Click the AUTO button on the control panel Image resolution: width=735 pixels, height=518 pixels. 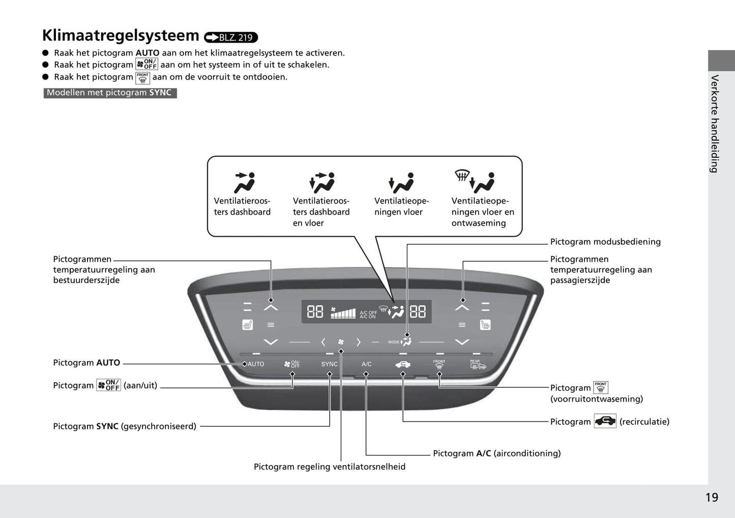pyautogui.click(x=255, y=364)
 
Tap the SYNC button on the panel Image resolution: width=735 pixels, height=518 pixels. pyautogui.click(x=329, y=364)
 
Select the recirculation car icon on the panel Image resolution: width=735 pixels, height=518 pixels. pyautogui.click(x=402, y=364)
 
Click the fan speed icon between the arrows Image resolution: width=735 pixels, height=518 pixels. pyautogui.click(x=341, y=342)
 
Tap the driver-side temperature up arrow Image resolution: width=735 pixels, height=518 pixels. pyautogui.click(x=271, y=307)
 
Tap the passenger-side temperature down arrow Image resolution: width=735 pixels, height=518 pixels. pyautogui.click(x=462, y=342)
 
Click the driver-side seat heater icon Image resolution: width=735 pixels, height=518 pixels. pyautogui.click(x=247, y=325)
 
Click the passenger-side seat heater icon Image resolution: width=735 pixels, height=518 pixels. pyautogui.click(x=485, y=325)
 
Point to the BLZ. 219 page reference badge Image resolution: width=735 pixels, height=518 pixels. pyautogui.click(x=231, y=37)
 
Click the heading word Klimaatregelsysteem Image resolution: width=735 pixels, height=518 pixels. pyautogui.click(x=121, y=36)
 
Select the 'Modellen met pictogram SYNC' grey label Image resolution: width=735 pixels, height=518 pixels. pyautogui.click(x=110, y=93)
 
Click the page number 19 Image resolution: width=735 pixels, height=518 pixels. pyautogui.click(x=712, y=497)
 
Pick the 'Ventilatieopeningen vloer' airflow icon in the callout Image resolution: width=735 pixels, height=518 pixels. pyautogui.click(x=401, y=183)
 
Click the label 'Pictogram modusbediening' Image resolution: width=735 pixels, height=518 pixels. pyautogui.click(x=605, y=242)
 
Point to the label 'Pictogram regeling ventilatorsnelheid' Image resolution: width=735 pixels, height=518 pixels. pyautogui.click(x=330, y=467)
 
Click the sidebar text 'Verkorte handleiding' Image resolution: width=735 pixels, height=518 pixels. pyautogui.click(x=715, y=124)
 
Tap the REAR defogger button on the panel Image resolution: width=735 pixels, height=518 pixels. pyautogui.click(x=478, y=364)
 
